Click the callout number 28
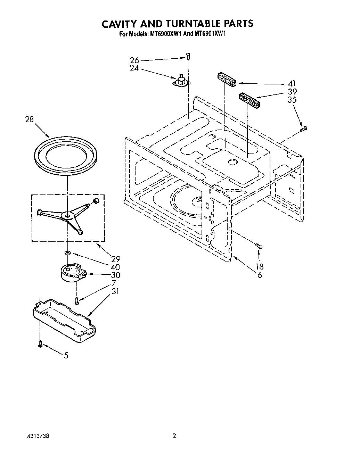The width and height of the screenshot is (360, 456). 29,119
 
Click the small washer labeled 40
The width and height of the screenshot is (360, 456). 68,253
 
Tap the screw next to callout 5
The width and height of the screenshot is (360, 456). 40,344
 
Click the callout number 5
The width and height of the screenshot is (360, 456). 66,355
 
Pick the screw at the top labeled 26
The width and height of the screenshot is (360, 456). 188,55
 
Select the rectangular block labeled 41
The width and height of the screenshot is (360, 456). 227,79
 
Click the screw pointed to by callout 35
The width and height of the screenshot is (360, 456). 303,129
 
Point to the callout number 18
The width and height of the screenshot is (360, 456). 259,267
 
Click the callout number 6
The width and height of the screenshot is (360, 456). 260,275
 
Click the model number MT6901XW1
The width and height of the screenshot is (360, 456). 208,34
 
